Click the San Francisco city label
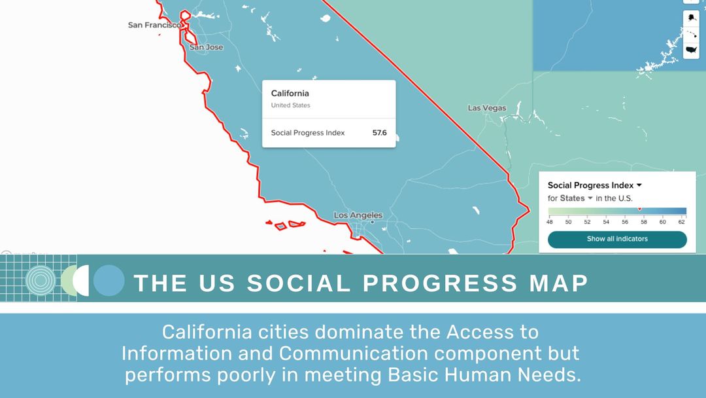[x=154, y=25]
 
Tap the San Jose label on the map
[x=206, y=47]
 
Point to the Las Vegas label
[x=487, y=108]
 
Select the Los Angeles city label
[x=358, y=215]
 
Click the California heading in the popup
[x=290, y=94]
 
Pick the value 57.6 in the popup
[x=379, y=133]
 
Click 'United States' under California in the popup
[x=290, y=105]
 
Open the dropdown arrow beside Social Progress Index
[x=639, y=185]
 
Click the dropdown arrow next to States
[x=590, y=198]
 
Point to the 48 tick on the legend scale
[x=550, y=222]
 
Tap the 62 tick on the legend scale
[x=682, y=222]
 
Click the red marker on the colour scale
[x=639, y=209]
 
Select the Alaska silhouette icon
[x=692, y=17]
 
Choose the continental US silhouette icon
[x=692, y=50]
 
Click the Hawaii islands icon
[x=692, y=33]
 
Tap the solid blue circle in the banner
[x=109, y=281]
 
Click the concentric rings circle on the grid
[x=40, y=281]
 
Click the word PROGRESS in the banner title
[x=440, y=283]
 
